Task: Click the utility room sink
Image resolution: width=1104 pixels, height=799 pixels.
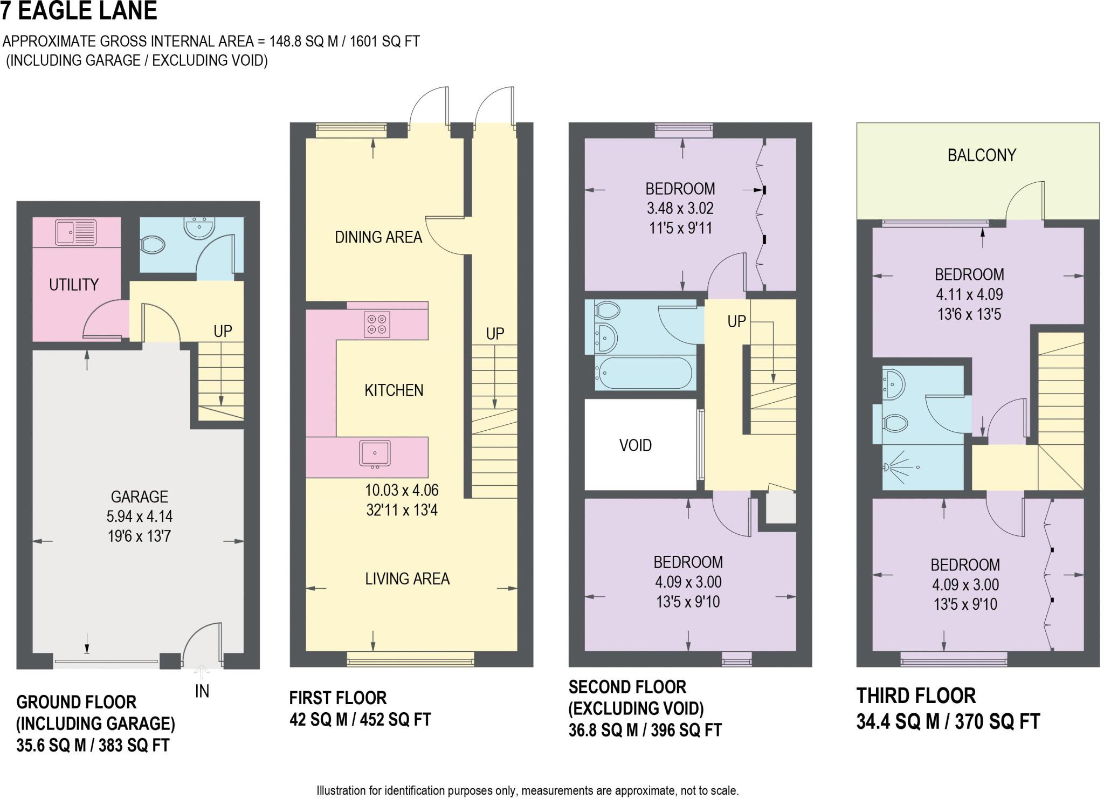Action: point(75,232)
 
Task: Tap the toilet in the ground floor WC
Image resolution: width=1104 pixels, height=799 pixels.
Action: point(153,246)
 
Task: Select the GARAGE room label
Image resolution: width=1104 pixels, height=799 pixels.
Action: point(139,497)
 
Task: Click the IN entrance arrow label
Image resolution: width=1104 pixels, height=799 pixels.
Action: point(202,691)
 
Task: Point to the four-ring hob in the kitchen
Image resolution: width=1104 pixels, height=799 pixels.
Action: point(376,324)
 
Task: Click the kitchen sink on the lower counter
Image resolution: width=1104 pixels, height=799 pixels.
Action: point(375,453)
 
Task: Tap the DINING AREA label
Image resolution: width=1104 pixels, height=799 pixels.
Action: point(378,237)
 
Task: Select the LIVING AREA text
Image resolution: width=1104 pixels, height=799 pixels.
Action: point(407,578)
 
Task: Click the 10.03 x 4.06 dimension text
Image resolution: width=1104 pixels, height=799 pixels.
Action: point(402,490)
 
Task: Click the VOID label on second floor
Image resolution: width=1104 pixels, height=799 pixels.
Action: point(636,445)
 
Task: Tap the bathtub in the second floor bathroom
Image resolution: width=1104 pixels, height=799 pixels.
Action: point(645,373)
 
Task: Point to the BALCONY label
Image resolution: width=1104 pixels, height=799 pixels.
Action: point(982,155)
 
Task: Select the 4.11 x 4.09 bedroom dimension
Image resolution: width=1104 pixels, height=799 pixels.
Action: point(969,294)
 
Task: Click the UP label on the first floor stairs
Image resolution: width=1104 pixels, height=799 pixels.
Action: point(495,334)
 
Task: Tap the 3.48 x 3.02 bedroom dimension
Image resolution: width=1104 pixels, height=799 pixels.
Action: point(680,209)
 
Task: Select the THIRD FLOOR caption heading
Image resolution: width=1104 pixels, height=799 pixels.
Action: point(916,696)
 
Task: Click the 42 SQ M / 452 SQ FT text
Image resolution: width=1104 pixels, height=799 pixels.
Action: point(360,720)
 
